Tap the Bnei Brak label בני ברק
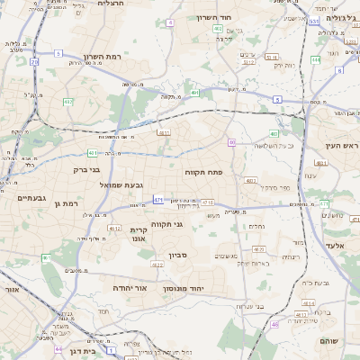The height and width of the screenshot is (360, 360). tap(84, 168)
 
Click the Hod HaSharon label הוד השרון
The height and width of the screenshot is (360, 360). tap(238, 17)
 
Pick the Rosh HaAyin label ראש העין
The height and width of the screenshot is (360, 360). tap(343, 145)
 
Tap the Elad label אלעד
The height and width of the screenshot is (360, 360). tap(335, 245)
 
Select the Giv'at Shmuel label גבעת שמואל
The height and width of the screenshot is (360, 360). tap(129, 184)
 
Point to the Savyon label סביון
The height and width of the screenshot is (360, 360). tap(176, 256)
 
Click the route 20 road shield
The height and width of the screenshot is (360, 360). tap(34, 62)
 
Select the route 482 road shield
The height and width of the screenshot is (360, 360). tap(218, 29)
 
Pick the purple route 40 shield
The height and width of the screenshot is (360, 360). tap(231, 142)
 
